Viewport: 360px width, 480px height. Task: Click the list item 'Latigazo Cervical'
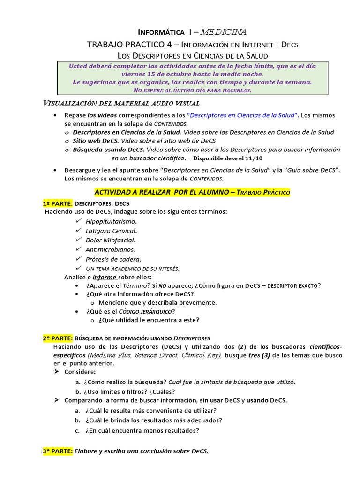(111, 230)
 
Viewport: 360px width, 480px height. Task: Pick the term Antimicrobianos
(110, 249)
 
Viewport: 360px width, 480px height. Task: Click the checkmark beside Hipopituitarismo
(78, 220)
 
